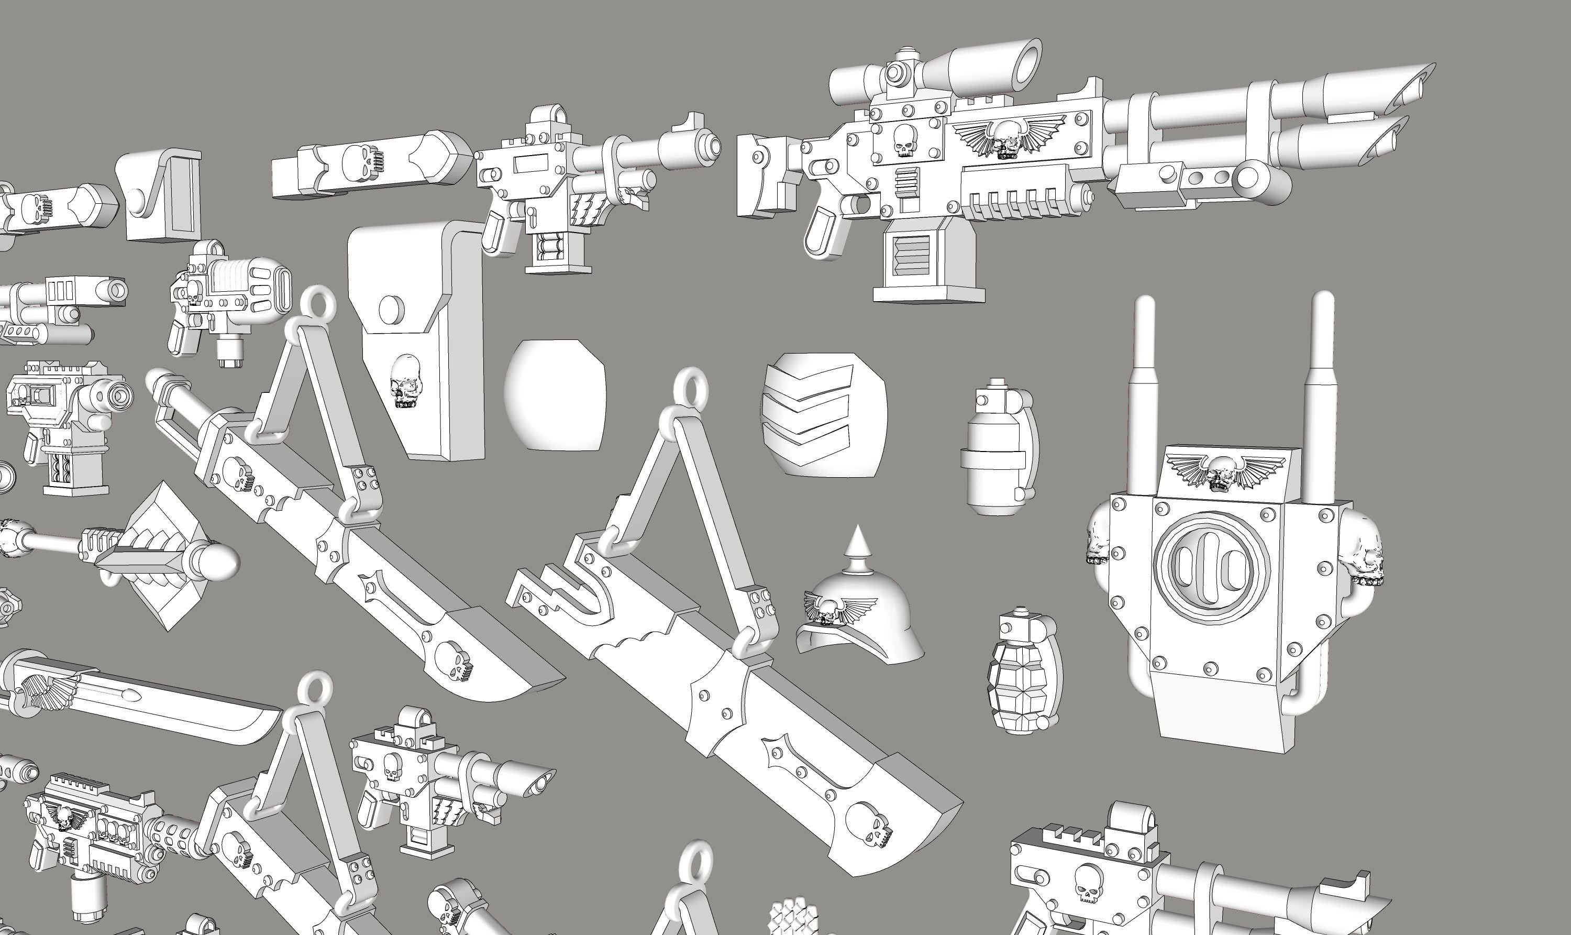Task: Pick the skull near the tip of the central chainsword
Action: (x=869, y=826)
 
